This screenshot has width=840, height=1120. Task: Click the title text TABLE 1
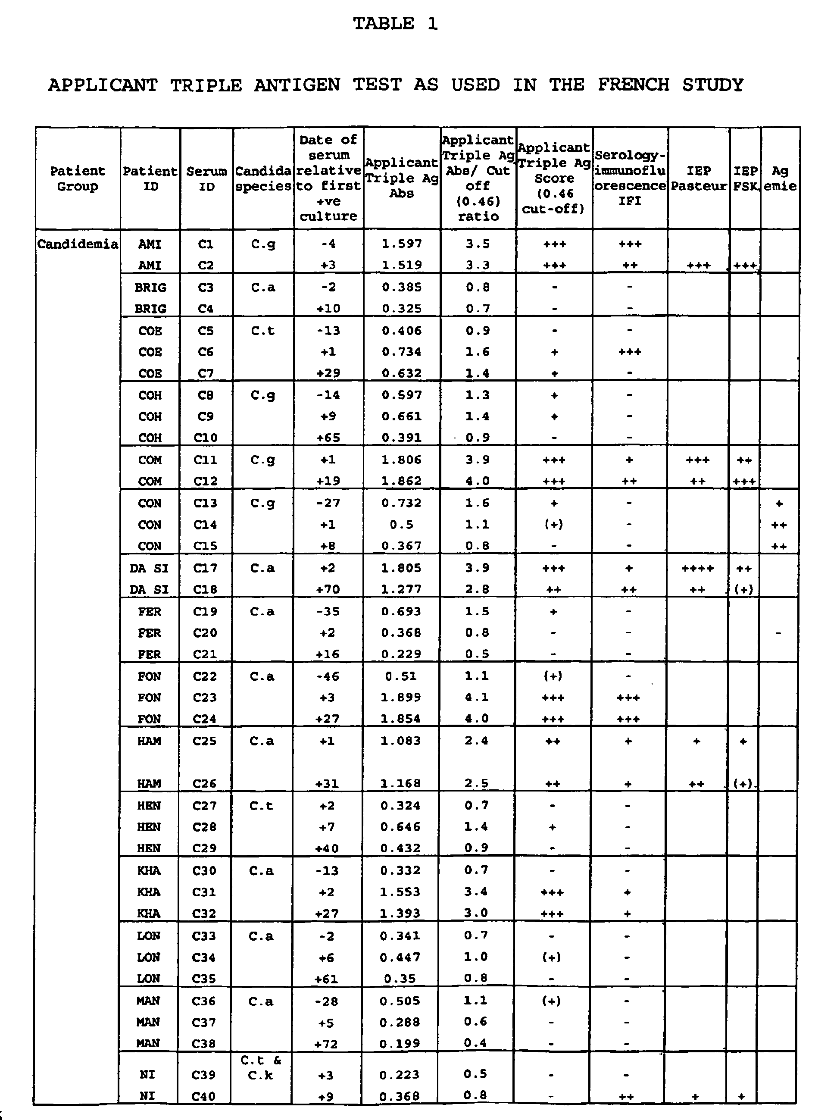(395, 24)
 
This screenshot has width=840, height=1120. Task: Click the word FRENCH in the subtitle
(633, 84)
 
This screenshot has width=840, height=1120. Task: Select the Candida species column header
(263, 178)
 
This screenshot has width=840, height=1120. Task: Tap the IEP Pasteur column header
(699, 178)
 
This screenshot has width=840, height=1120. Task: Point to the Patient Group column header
(78, 178)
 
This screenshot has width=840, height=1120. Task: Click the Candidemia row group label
(78, 244)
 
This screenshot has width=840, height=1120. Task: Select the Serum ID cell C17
(205, 568)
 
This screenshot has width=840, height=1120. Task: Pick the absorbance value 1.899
(401, 697)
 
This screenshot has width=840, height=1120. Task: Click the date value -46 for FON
(327, 676)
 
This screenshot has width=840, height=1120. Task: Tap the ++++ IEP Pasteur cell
(698, 568)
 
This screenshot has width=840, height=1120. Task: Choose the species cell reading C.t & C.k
(261, 1067)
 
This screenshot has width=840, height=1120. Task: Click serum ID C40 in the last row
(204, 1096)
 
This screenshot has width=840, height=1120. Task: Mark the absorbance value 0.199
(400, 1044)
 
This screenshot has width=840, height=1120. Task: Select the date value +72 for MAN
(326, 1044)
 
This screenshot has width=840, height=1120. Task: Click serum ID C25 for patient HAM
(205, 741)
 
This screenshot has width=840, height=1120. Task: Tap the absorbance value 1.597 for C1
(402, 244)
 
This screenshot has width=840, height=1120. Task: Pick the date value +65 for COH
(328, 438)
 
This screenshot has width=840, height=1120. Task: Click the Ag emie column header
(780, 178)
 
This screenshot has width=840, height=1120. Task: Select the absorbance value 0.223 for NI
(400, 1074)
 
